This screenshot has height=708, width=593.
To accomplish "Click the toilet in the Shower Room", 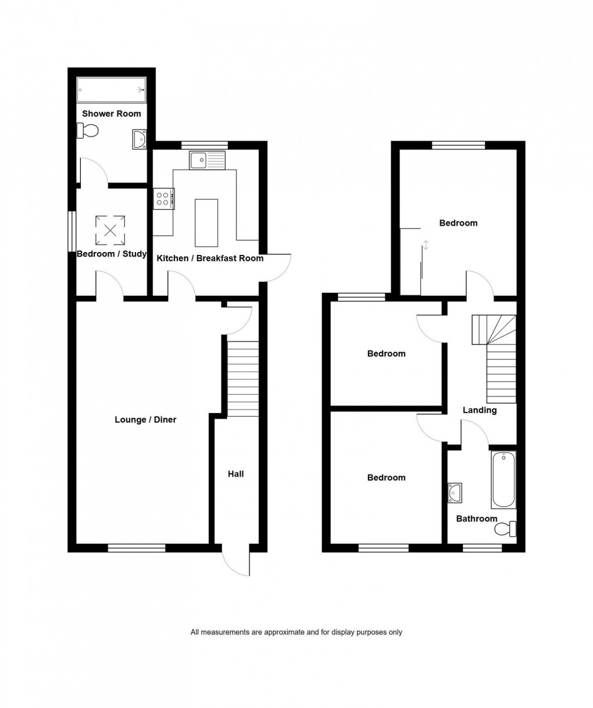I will [x=87, y=131].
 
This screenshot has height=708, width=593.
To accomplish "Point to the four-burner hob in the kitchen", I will [x=163, y=199].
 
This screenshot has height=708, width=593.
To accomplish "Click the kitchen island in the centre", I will [x=206, y=222].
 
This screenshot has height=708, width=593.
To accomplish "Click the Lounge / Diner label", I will [x=145, y=419].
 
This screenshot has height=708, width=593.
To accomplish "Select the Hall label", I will [x=235, y=474].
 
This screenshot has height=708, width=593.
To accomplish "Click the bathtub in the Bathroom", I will [x=503, y=480].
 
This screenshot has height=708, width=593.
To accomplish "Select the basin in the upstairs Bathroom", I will [x=455, y=493].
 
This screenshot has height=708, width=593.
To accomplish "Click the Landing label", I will [x=480, y=410].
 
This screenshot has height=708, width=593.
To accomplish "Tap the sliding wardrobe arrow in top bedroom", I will [x=426, y=245].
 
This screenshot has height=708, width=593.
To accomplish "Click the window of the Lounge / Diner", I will [x=137, y=547].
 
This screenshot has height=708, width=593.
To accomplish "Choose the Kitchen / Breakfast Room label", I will [x=210, y=258].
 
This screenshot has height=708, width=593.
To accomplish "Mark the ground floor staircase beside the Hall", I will [x=242, y=378].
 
